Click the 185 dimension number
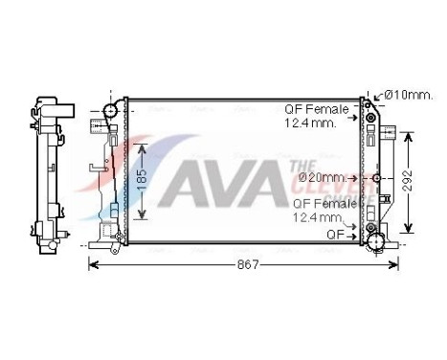142,179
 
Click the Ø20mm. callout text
322,177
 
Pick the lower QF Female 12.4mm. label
324,210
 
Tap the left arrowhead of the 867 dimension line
93,263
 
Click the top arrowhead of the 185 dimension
142,146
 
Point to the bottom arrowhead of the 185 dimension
142,217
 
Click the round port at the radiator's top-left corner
110,111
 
